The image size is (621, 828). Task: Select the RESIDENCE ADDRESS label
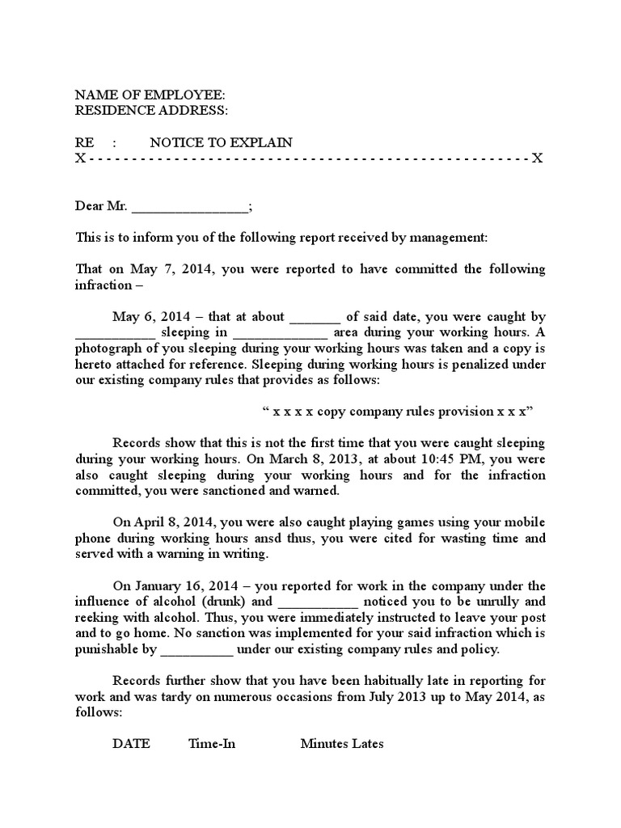(x=152, y=110)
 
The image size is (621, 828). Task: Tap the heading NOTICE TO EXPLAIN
(x=221, y=142)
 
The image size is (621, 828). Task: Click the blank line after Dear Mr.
(x=190, y=207)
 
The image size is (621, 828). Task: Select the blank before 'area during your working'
(x=281, y=332)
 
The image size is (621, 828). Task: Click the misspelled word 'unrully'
(x=499, y=602)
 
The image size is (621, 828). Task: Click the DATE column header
(x=130, y=744)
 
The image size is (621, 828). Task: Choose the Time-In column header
(x=212, y=744)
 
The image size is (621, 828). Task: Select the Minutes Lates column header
(x=342, y=744)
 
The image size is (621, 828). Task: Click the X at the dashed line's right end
(x=537, y=158)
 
